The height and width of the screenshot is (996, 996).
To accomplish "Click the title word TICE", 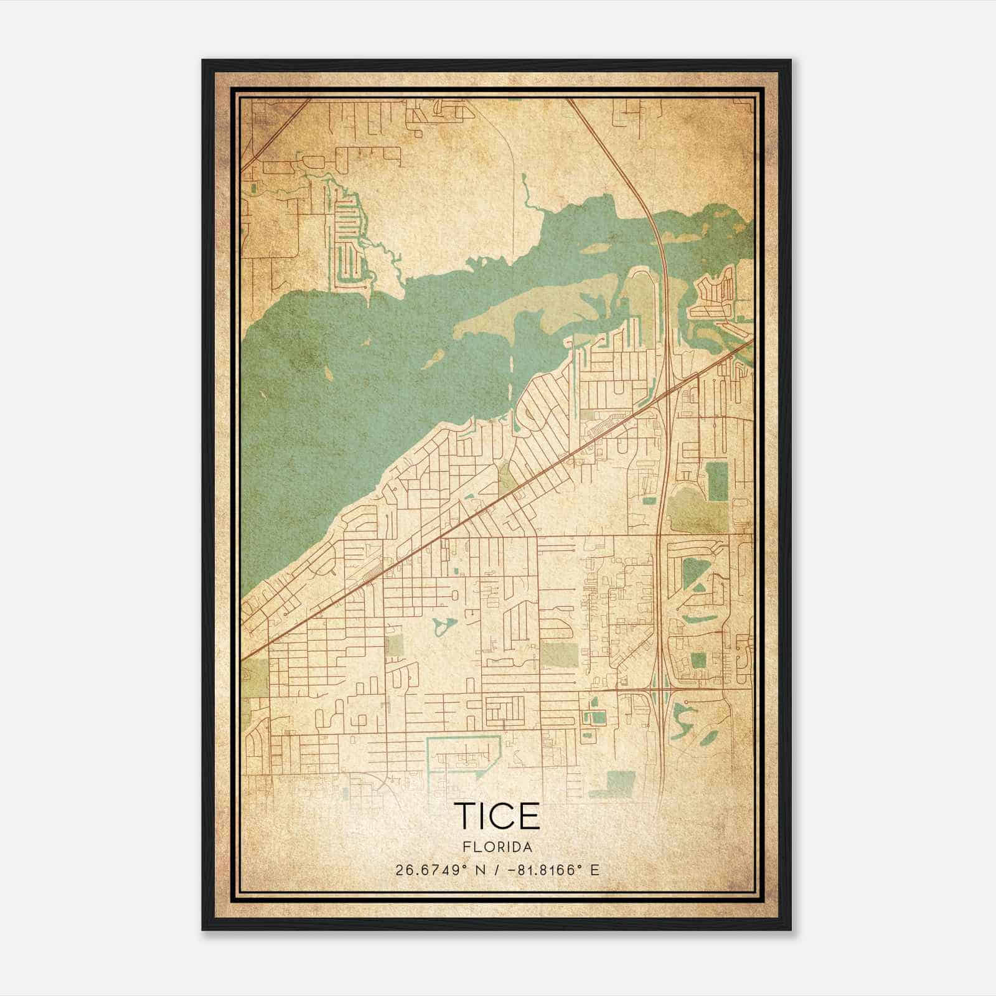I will (x=497, y=816).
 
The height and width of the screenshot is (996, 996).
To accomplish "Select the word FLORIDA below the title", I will (x=497, y=847).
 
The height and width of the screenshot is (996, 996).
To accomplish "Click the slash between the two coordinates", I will (x=496, y=870).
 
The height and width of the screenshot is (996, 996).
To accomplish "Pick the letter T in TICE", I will (x=466, y=816).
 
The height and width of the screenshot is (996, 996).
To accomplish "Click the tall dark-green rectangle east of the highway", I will (x=716, y=482).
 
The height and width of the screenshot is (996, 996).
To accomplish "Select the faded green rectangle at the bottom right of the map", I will (x=619, y=782).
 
